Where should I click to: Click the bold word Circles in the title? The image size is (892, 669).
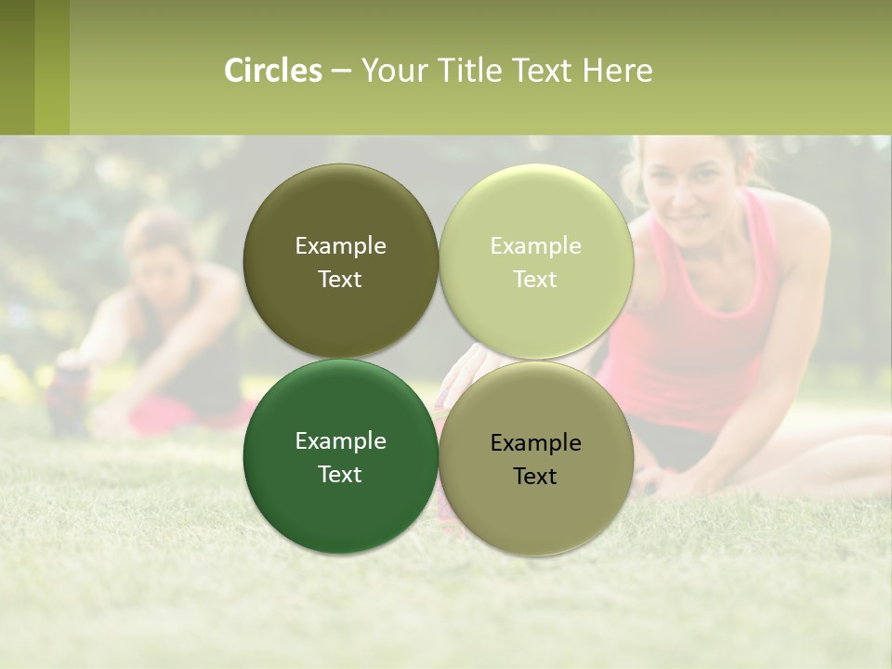[x=273, y=71]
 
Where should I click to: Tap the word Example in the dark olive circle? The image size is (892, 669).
[x=340, y=246]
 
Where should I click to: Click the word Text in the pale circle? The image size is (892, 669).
[x=535, y=280]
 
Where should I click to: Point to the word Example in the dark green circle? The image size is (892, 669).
[x=340, y=441]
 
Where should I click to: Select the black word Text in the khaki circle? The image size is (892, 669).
[x=535, y=477]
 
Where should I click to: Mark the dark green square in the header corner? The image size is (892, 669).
[x=17, y=67]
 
